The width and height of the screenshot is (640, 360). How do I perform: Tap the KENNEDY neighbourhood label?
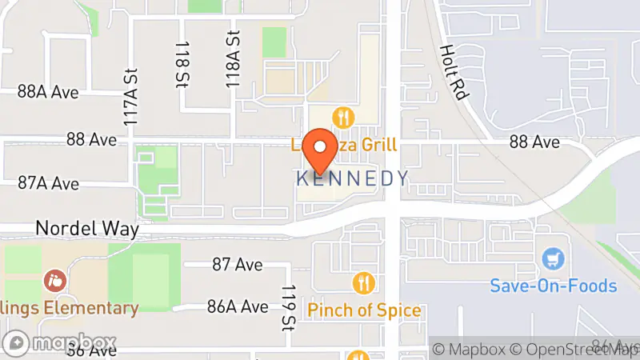353,178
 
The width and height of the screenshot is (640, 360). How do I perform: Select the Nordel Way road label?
87,229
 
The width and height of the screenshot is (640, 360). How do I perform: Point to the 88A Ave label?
48,92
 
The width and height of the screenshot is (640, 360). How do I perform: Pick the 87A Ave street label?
48,184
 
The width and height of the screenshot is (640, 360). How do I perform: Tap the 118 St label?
182,65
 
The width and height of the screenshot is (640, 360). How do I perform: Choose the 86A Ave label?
238,306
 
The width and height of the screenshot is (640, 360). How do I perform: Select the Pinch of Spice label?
364,310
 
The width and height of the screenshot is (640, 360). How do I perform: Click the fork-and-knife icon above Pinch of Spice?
363,283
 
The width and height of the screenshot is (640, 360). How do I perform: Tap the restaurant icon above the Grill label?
344,118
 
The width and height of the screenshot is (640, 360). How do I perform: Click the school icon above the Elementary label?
54,282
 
